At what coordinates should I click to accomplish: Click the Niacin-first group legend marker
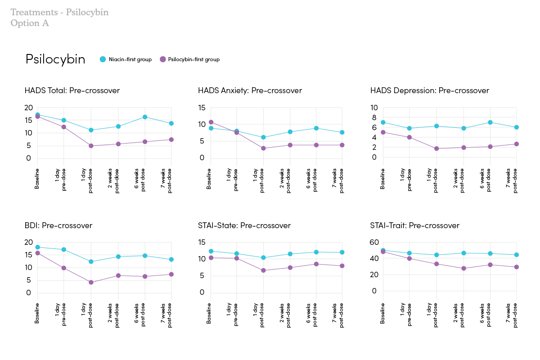[103, 59]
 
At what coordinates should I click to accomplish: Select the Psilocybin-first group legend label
[193, 59]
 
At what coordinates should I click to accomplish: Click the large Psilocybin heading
[55, 59]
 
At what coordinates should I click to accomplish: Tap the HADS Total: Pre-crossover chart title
[72, 90]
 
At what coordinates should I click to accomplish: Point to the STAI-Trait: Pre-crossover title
[414, 225]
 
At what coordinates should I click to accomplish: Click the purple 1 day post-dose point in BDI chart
[91, 283]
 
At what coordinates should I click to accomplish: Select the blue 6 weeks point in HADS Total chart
[145, 117]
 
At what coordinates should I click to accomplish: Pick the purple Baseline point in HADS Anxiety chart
[211, 122]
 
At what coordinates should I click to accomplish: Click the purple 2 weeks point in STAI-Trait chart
[463, 269]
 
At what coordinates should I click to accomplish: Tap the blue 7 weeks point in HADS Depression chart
[517, 127]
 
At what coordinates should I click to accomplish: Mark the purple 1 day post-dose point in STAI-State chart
[264, 270]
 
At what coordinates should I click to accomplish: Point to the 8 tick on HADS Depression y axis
[374, 117]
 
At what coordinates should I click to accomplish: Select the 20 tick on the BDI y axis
[29, 243]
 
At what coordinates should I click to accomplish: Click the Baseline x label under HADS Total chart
[37, 179]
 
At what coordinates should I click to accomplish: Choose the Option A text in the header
[30, 23]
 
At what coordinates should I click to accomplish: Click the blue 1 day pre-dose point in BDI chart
[64, 249]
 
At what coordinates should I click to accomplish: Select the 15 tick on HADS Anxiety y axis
[201, 108]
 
